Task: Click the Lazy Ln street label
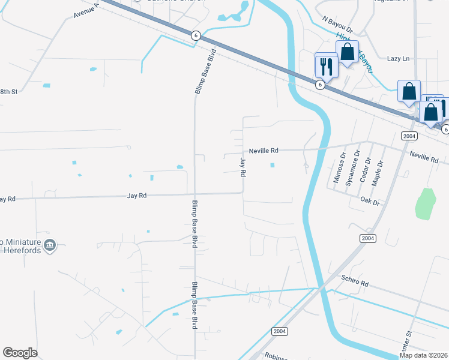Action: [398, 58]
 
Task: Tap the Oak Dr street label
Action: [370, 202]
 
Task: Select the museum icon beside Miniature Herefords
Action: [50, 245]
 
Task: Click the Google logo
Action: [20, 353]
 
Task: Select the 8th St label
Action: [8, 91]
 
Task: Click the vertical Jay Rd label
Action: [243, 167]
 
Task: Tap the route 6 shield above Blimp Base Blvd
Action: [196, 35]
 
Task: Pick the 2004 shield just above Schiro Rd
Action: [368, 238]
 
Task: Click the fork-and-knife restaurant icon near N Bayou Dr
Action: [327, 65]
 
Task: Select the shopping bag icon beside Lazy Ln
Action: [348, 52]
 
